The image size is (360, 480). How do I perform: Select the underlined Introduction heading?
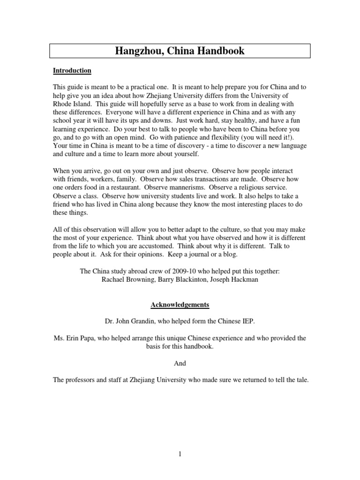[72, 71]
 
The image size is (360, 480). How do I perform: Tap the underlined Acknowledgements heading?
[180, 305]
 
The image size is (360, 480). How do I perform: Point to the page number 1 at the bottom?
[180, 454]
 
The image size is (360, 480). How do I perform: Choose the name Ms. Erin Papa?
[74, 338]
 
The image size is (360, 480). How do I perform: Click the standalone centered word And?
[180, 363]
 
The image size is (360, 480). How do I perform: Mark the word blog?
[231, 255]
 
